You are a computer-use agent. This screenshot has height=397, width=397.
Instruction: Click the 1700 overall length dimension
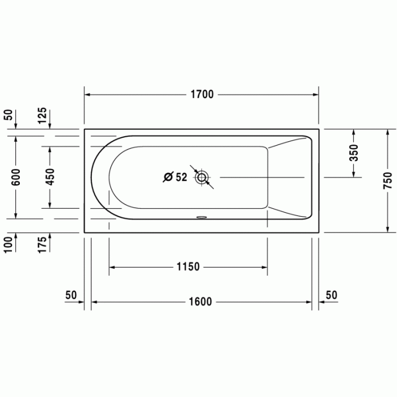pos(202,95)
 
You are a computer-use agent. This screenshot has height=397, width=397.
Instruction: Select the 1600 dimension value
pos(202,302)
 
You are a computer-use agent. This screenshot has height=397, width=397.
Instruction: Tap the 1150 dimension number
pos(188,267)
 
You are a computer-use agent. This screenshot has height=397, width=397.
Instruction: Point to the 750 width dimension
pos(387,180)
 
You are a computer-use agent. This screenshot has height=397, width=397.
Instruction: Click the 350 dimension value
pos(354,153)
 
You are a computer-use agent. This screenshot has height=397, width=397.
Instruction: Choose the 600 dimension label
pos(16,178)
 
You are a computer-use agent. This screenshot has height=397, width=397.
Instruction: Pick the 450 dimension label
pos(50,178)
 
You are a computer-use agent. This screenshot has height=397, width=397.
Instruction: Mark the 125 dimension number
pos(43,116)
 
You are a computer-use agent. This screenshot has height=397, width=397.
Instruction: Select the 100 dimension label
pos(9,245)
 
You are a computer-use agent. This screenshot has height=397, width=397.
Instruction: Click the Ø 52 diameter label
pos(175,178)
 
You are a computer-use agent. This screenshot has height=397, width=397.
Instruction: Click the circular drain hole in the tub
pos(202,178)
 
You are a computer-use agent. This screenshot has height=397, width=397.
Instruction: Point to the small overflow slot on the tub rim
pos(202,216)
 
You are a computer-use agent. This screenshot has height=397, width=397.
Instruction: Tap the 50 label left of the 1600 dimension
pos(71,295)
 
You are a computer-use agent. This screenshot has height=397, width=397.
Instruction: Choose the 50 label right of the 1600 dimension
pos(331,295)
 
